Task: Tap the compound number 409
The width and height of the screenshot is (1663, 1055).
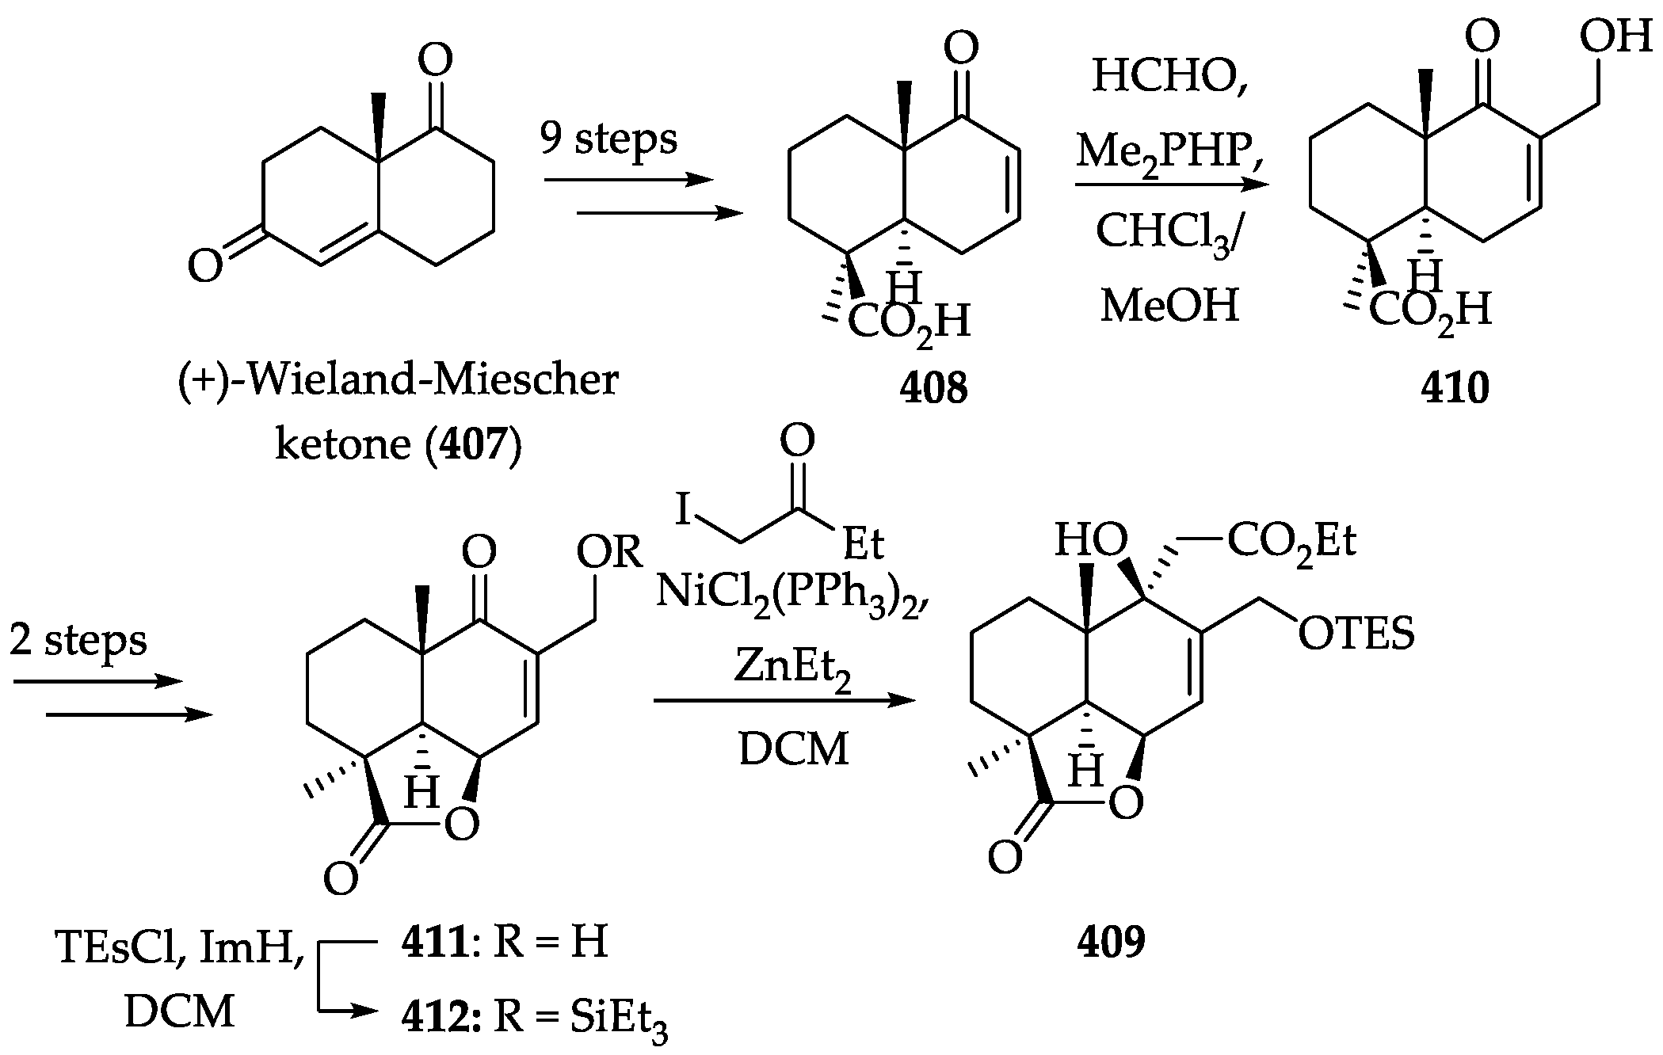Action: [1111, 942]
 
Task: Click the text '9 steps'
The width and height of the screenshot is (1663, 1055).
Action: [608, 139]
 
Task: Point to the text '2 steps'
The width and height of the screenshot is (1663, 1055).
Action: [78, 639]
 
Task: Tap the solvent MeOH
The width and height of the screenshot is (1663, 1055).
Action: [1169, 305]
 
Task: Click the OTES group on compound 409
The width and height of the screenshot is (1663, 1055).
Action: [1356, 634]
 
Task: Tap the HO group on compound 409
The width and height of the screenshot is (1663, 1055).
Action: [1091, 542]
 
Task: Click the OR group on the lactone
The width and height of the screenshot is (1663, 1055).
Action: [608, 551]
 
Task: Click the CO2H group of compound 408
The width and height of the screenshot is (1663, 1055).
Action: [909, 323]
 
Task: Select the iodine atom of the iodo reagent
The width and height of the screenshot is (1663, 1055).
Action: [683, 509]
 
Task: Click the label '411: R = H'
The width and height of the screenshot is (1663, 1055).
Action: [504, 943]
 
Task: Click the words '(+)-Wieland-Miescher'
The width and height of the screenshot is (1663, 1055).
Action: [398, 380]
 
